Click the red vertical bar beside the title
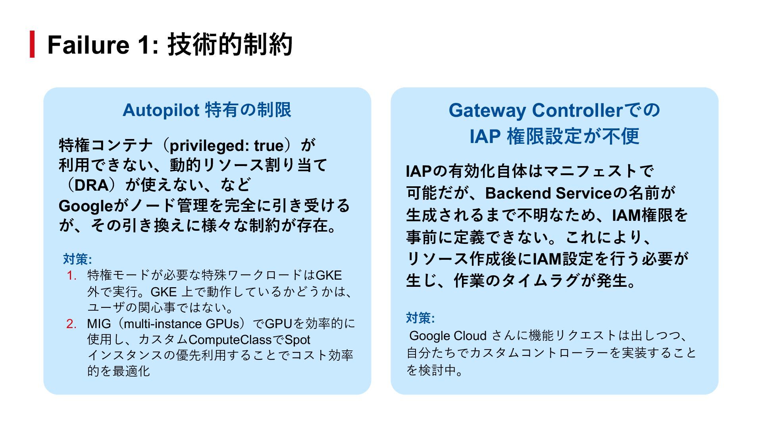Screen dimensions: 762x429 pos(32,44)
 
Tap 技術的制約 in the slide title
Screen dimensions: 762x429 pos(230,44)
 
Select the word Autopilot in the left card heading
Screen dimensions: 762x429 pos(161,110)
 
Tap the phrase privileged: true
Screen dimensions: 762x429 pos(227,145)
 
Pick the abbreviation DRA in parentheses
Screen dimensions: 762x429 pos(92,186)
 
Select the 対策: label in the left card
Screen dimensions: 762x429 pos(77,259)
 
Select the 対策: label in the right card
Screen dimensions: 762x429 pos(420,318)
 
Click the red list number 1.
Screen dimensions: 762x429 pos(71,275)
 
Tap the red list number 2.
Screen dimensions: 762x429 pos(71,324)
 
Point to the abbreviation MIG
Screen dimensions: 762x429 pos(99,324)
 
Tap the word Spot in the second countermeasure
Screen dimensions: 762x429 pos(297,340)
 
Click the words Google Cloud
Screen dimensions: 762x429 pos(448,336)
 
